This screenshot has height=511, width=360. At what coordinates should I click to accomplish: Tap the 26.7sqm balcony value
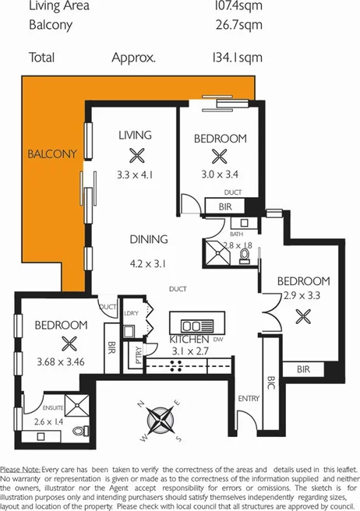[x=237, y=25]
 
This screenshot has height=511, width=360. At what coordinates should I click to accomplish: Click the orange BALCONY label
[x=52, y=153]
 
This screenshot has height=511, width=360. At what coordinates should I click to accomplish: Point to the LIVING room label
[x=135, y=136]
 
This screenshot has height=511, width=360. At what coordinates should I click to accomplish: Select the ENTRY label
[x=249, y=399]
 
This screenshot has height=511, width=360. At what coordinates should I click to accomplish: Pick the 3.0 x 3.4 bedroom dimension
[x=220, y=175]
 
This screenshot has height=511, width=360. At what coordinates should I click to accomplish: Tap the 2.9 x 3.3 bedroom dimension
[x=302, y=297]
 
